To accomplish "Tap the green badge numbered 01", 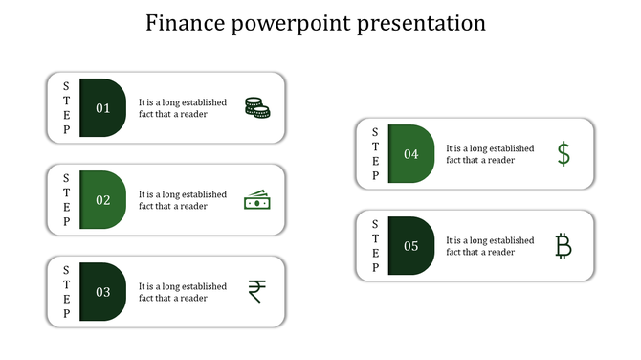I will pos(102,108).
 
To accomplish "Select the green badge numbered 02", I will pos(102,200).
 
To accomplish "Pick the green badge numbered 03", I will pos(102,292).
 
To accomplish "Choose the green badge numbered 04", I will pos(410,154).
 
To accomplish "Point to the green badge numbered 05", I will pos(410,246).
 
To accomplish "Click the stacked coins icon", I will pos(256,108).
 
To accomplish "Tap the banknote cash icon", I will pos(256,200).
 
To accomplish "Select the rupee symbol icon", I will pos(256,291).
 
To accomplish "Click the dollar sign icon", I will pos(564,154).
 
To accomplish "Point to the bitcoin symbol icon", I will pos(564,246).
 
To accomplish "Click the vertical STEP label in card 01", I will pos(66,108).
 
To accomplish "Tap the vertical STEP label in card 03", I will pos(66,292).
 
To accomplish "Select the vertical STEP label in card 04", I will pos(374,154).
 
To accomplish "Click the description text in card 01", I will pos(182,108).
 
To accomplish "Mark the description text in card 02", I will pos(182,200).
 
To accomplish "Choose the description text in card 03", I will pos(182,292).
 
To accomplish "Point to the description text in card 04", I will pos(490,154).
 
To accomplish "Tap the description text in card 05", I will pos(490,246).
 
